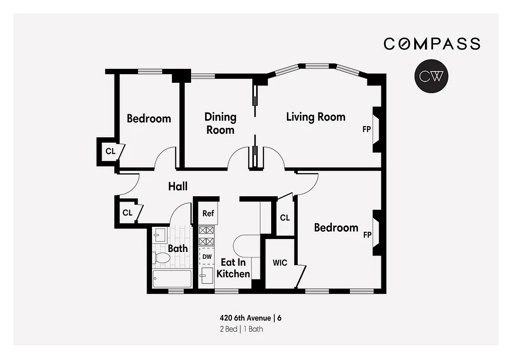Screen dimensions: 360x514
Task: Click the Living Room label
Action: [316, 117]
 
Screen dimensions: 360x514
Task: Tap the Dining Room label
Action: [220, 123]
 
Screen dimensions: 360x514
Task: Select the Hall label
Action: [178, 186]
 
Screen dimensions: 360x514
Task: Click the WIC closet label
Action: [280, 263]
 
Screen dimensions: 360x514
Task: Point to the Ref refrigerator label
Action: [208, 213]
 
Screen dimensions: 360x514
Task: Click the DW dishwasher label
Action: [207, 256]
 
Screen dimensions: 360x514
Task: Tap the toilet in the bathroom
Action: [161, 258]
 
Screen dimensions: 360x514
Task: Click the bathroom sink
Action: [160, 235]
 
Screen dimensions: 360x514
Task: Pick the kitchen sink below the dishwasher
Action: [206, 275]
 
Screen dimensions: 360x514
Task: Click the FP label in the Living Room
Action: [367, 130]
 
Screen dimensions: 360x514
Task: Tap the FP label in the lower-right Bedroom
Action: [367, 235]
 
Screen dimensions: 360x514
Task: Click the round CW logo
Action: [431, 76]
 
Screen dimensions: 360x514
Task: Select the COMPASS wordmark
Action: [432, 44]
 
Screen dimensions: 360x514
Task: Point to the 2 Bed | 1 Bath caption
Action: [241, 329]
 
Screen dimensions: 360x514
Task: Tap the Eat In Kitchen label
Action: [233, 268]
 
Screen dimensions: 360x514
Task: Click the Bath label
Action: [178, 248]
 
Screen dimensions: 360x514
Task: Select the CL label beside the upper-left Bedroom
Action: [111, 151]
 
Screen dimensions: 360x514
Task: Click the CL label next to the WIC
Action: [285, 218]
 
